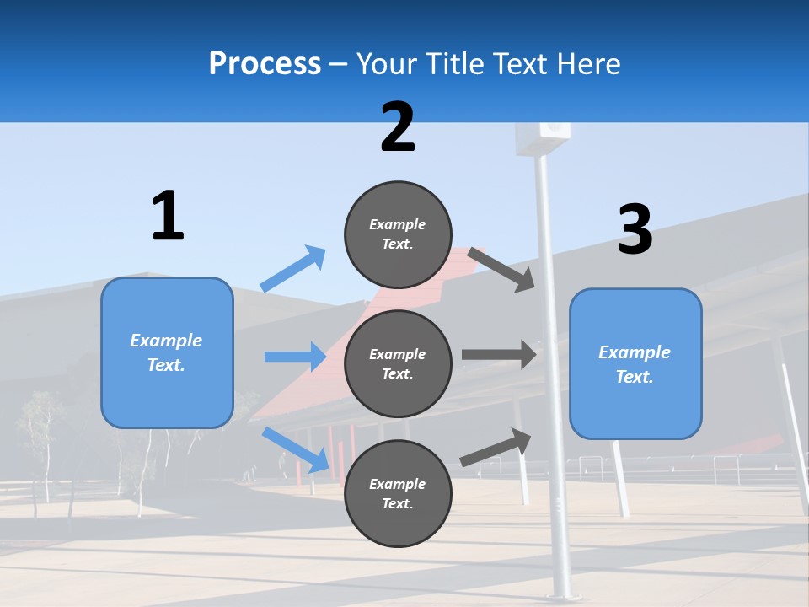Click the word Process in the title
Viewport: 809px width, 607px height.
coord(265,64)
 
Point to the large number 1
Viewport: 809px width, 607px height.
coord(168,216)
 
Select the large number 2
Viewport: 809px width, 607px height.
coord(398,127)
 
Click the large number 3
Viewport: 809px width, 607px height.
coord(635,230)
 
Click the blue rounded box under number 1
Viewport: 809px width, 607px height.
coord(167,352)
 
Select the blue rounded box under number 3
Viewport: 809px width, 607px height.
coord(635,364)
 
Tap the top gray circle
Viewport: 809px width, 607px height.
coord(398,234)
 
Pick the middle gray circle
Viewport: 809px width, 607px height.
coord(398,363)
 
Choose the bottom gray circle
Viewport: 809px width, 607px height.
coord(398,493)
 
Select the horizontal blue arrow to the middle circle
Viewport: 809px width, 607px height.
coord(295,357)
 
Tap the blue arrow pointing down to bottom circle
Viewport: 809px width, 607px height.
coord(296,449)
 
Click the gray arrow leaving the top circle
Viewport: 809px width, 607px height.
coord(501,270)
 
